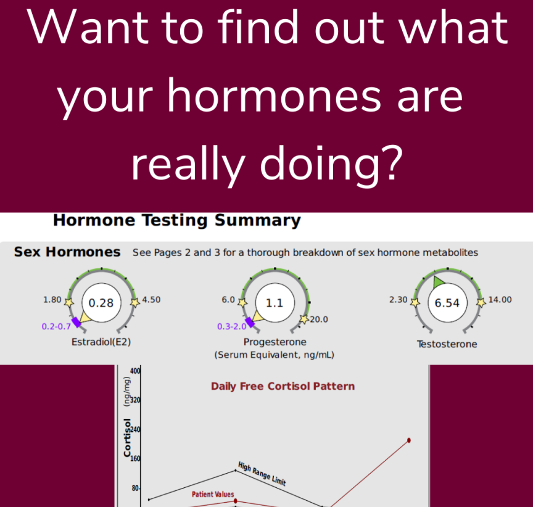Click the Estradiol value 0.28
pyautogui.click(x=101, y=303)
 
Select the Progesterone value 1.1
pyautogui.click(x=275, y=303)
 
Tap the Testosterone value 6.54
pyautogui.click(x=447, y=303)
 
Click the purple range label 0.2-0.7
pyautogui.click(x=56, y=326)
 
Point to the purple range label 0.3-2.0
pyautogui.click(x=232, y=326)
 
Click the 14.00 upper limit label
pyautogui.click(x=500, y=300)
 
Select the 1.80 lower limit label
pyautogui.click(x=52, y=300)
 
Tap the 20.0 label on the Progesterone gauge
pyautogui.click(x=319, y=319)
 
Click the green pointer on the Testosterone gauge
pyautogui.click(x=438, y=282)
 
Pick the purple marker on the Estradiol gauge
pyautogui.click(x=76, y=322)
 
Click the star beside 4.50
pyautogui.click(x=135, y=302)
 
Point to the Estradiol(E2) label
pyautogui.click(x=101, y=342)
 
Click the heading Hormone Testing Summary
pyautogui.click(x=177, y=220)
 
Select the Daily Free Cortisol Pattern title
pyautogui.click(x=283, y=386)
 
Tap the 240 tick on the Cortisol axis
pyautogui.click(x=135, y=430)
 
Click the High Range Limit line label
pyautogui.click(x=262, y=474)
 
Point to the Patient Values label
pyautogui.click(x=213, y=495)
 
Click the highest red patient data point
pyautogui.click(x=409, y=440)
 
